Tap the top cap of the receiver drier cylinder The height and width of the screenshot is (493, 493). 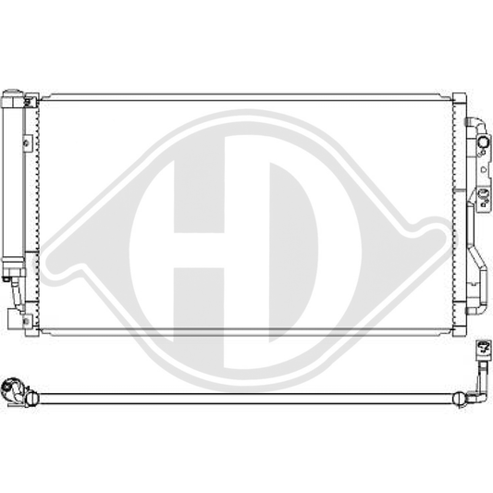click(16, 96)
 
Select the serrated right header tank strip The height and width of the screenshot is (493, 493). click(457, 213)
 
